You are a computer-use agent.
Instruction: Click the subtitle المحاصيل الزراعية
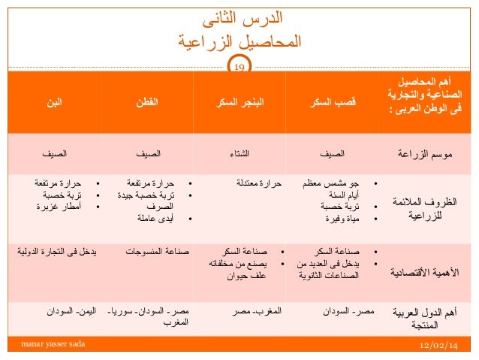click(x=239, y=41)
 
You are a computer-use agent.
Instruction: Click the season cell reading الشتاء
click(x=240, y=156)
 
